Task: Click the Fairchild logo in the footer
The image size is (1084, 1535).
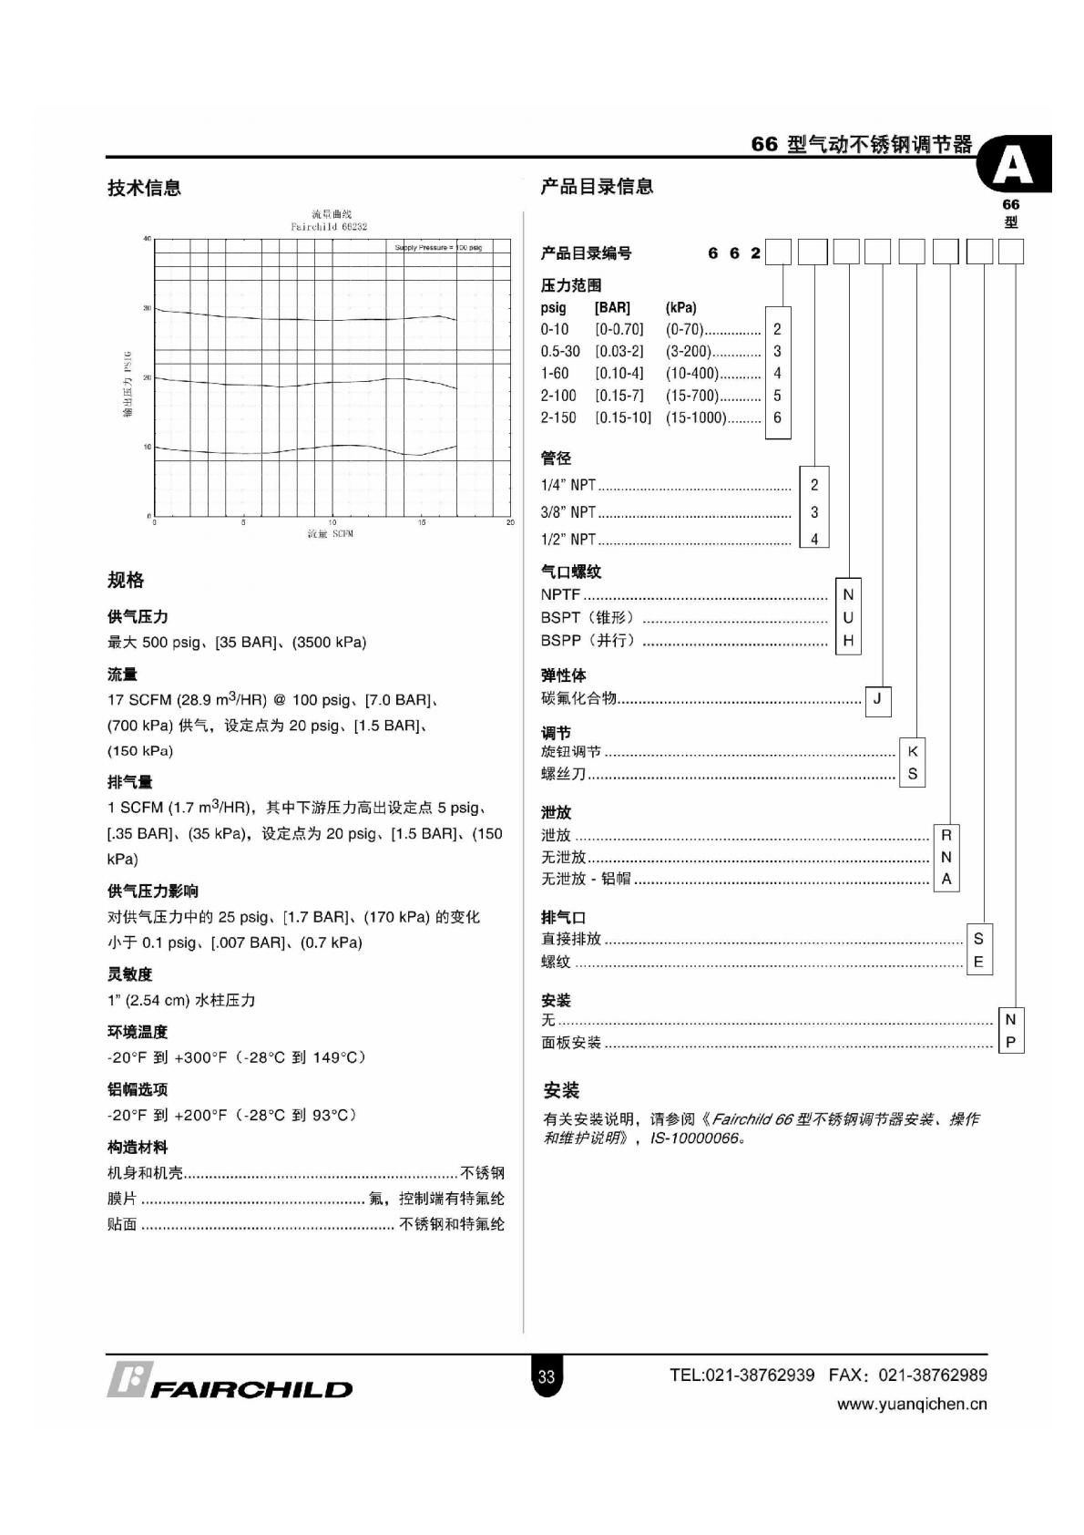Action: (x=230, y=1381)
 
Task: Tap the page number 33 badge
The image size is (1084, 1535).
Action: (x=546, y=1376)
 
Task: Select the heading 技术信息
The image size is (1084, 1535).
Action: (x=144, y=188)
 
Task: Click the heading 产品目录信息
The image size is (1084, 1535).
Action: (x=597, y=186)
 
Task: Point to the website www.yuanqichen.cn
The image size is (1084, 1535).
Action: (x=911, y=1404)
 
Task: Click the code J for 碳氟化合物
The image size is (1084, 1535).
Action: (x=877, y=699)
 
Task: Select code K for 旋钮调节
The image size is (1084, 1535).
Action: (x=913, y=751)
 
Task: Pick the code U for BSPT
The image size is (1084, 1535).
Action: (x=848, y=617)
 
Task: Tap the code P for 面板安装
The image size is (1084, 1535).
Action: (x=1010, y=1042)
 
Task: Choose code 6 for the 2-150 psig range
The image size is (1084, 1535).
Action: (x=777, y=417)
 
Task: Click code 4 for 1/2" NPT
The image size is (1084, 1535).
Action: (x=814, y=539)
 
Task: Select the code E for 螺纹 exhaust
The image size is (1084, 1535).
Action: (x=978, y=962)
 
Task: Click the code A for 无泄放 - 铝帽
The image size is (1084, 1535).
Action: (x=946, y=879)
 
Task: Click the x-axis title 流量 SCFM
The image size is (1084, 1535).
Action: (x=330, y=533)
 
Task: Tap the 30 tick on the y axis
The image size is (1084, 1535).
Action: (x=147, y=308)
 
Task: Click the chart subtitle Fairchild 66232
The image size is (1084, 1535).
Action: (x=329, y=226)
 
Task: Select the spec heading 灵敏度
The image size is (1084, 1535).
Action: (x=130, y=974)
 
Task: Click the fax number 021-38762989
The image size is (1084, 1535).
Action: (x=933, y=1375)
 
